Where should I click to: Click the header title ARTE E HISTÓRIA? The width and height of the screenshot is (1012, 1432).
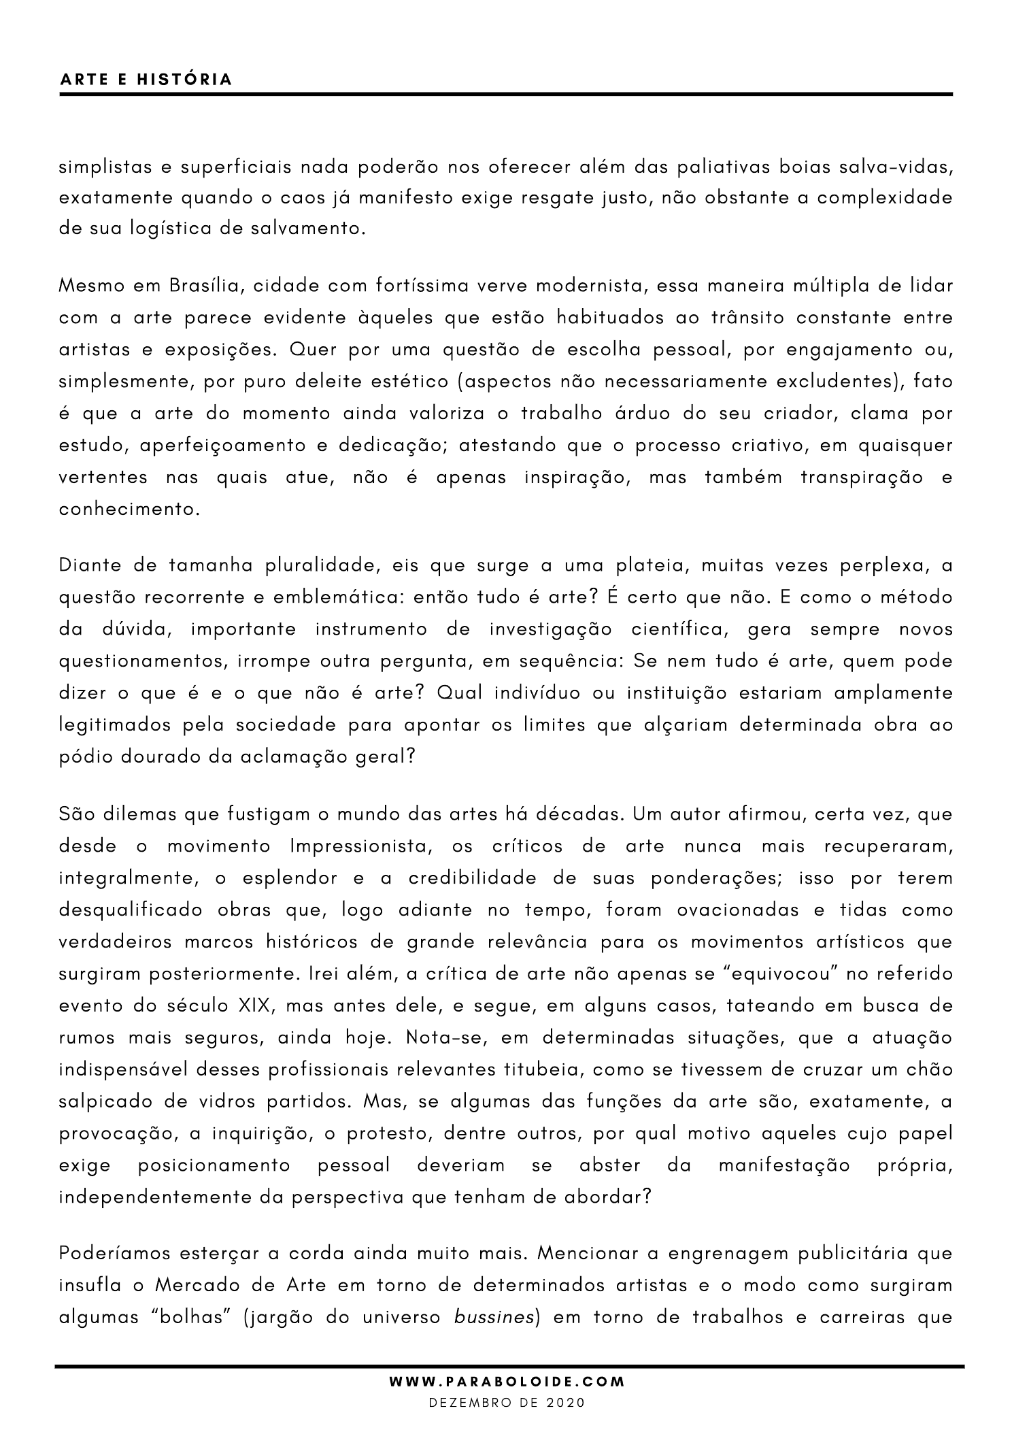(x=146, y=80)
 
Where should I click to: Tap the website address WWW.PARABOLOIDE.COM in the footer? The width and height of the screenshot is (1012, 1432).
(x=506, y=1382)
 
